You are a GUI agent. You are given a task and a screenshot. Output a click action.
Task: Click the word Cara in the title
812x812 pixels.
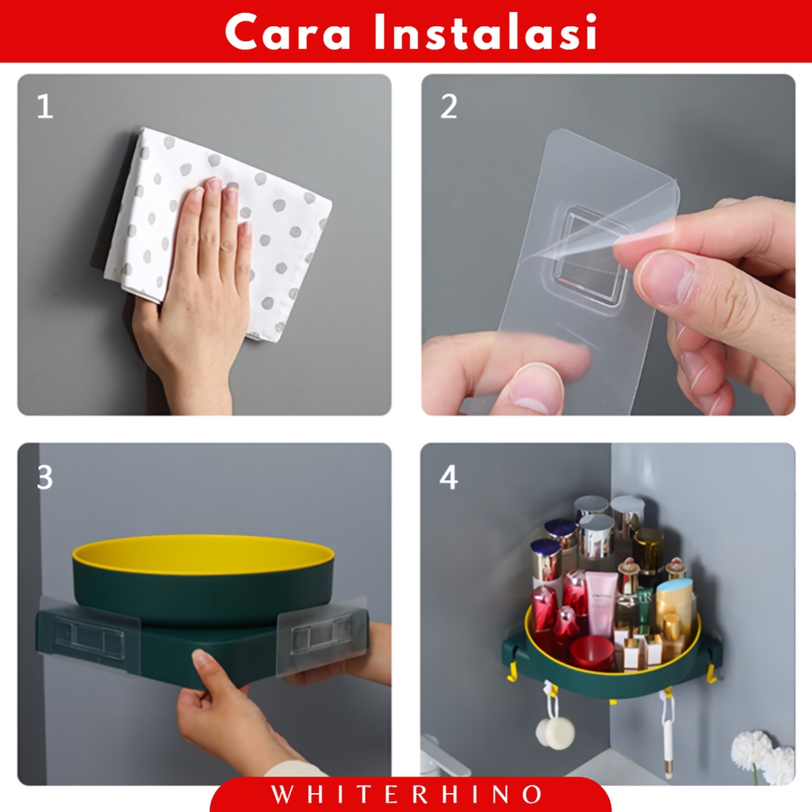pos(288,32)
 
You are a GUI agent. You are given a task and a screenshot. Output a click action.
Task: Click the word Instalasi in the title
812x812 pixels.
pos(485,32)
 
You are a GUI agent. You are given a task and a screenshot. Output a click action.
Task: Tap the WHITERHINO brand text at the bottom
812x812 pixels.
pos(406,795)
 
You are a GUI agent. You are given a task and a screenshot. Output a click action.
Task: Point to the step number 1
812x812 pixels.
pos(45,107)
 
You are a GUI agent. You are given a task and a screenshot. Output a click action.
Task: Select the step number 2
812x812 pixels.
pos(449,107)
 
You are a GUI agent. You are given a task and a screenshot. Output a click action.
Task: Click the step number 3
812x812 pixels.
pos(45,477)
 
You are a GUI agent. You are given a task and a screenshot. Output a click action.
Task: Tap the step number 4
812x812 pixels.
pos(449,477)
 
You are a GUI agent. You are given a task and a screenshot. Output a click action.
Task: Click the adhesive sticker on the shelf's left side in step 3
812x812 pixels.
pos(89,635)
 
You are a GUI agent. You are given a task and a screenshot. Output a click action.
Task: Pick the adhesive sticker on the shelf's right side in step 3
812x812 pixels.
pos(322,637)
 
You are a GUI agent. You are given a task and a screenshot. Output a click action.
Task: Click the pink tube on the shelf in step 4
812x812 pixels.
pos(601,603)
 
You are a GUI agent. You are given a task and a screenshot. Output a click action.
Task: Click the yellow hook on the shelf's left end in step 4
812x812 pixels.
pos(513,668)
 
